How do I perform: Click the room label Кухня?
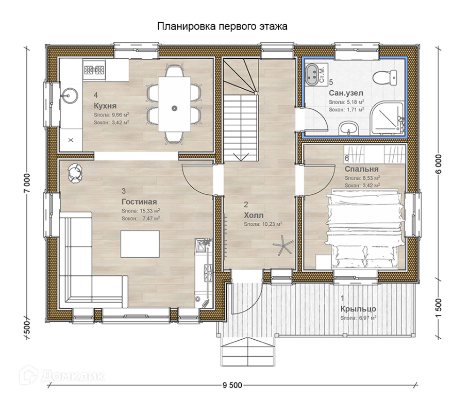click(x=105, y=106)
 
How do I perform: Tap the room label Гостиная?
click(x=139, y=202)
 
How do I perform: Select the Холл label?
click(x=254, y=215)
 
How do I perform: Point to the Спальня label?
click(x=361, y=169)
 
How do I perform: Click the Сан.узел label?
click(x=346, y=93)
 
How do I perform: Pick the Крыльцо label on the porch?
click(x=358, y=309)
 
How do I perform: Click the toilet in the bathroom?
click(x=385, y=78)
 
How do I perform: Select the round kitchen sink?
click(x=69, y=95)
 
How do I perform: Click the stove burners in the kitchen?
click(x=94, y=70)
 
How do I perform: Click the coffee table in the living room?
click(x=140, y=244)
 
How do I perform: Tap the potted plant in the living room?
click(x=75, y=172)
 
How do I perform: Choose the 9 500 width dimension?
click(x=232, y=386)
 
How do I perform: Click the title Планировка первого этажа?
click(x=222, y=26)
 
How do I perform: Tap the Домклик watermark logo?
click(x=62, y=376)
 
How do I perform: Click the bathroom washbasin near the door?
click(x=348, y=128)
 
